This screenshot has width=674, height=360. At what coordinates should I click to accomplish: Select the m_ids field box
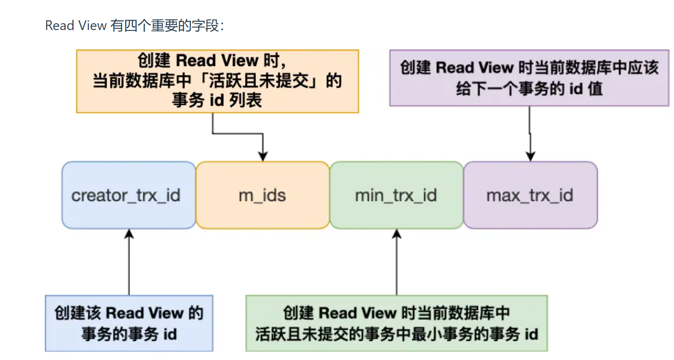click(x=262, y=195)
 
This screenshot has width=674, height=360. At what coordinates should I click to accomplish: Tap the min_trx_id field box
click(x=396, y=195)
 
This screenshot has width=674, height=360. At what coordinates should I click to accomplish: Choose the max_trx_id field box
click(x=531, y=195)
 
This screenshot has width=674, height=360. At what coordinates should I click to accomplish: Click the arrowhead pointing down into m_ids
click(x=263, y=156)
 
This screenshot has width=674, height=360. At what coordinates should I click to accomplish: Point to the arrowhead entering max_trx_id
click(x=531, y=156)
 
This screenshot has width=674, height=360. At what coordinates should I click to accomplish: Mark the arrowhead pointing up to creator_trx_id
click(x=129, y=234)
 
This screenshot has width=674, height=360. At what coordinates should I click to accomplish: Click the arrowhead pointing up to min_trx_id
click(x=396, y=234)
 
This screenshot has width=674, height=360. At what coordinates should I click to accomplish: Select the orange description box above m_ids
click(x=217, y=81)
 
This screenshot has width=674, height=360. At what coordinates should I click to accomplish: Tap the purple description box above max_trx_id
click(x=529, y=78)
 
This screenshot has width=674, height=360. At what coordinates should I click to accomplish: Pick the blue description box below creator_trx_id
click(x=129, y=323)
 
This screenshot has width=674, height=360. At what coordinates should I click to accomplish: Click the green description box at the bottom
click(x=396, y=323)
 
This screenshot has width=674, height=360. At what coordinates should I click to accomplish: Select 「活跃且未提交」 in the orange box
click(x=259, y=80)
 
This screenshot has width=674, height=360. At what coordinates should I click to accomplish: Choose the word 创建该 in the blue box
click(x=78, y=313)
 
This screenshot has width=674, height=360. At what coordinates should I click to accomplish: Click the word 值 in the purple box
click(x=595, y=89)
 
